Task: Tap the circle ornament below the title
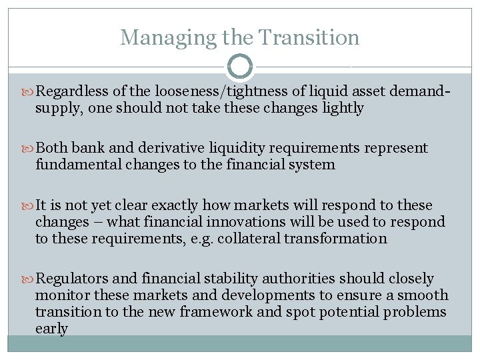[x=240, y=66]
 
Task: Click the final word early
[x=51, y=328]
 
